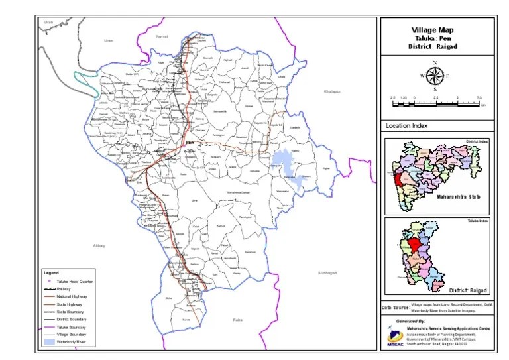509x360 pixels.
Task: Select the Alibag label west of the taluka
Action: click(x=99, y=245)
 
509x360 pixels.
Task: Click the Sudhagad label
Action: click(x=327, y=272)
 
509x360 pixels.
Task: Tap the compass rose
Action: click(x=435, y=75)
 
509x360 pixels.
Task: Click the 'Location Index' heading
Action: click(x=406, y=126)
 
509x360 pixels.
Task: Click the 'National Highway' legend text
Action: click(x=75, y=297)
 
